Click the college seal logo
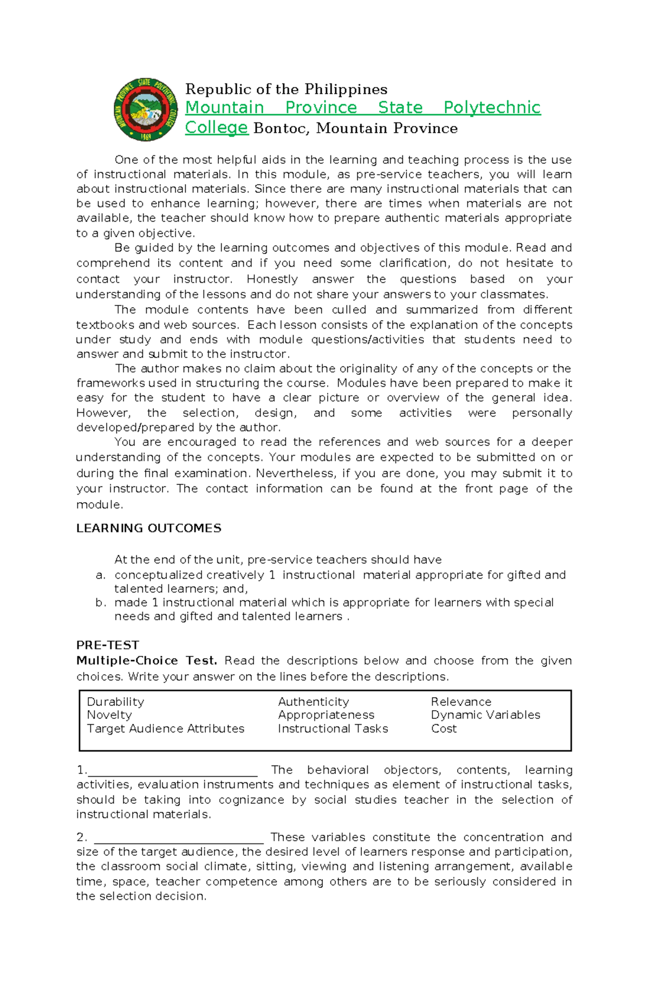pyautogui.click(x=146, y=109)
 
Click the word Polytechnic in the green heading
pyautogui.click(x=492, y=107)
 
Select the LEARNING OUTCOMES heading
pyautogui.click(x=148, y=528)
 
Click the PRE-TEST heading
pyautogui.click(x=108, y=645)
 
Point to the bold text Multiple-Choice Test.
pyautogui.click(x=146, y=661)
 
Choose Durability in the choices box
pyautogui.click(x=115, y=702)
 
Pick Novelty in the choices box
pyautogui.click(x=109, y=715)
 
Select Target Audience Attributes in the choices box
pyautogui.click(x=165, y=729)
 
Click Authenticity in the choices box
pyautogui.click(x=313, y=702)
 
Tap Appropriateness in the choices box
pyautogui.click(x=326, y=715)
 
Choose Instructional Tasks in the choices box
pyautogui.click(x=333, y=729)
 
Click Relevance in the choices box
pyautogui.click(x=461, y=702)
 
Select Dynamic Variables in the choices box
pyautogui.click(x=485, y=715)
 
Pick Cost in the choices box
pyautogui.click(x=444, y=729)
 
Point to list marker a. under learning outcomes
pyautogui.click(x=100, y=575)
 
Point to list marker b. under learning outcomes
pyautogui.click(x=100, y=603)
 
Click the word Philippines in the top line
pyautogui.click(x=346, y=89)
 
